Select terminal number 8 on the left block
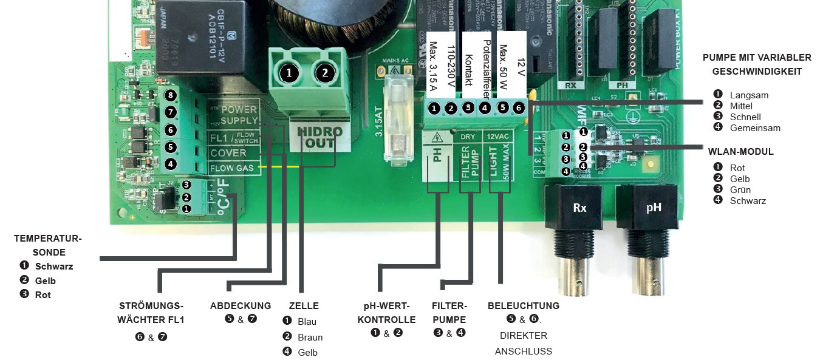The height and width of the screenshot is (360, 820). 171,96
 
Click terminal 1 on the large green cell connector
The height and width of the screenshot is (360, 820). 289,73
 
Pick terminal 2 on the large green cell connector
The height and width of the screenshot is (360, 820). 325,73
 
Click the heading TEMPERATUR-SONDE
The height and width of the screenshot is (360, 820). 48,245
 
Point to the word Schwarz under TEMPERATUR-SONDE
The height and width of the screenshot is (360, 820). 54,266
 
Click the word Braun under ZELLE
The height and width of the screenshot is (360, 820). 310,337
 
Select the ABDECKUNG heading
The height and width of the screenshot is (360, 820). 241,305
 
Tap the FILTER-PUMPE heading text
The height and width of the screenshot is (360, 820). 449,312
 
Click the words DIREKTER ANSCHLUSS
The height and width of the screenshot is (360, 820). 524,343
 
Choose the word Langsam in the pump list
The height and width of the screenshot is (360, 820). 749,95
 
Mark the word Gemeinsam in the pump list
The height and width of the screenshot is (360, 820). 755,127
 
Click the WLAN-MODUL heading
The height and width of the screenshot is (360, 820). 741,151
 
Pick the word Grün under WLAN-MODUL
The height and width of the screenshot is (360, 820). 740,189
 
